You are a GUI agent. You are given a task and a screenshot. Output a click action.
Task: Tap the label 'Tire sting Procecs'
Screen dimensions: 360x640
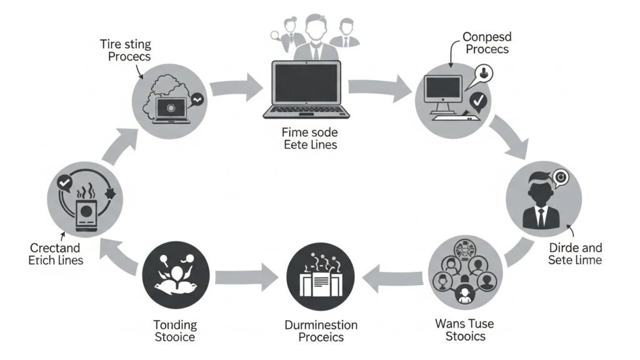[125, 49]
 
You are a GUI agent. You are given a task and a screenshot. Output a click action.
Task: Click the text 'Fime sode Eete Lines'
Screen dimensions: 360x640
[309, 139]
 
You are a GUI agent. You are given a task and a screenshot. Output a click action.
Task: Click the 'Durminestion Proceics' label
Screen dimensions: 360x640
[321, 331]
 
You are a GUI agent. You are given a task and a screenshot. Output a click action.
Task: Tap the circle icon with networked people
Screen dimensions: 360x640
[463, 276]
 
